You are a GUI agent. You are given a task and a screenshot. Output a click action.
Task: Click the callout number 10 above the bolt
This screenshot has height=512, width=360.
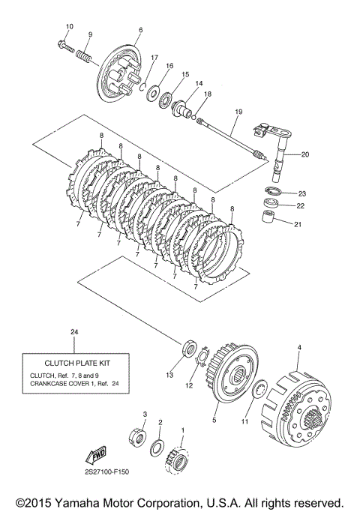coord(70,26)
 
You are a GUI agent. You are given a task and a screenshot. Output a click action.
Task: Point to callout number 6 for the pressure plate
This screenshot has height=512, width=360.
coord(140,30)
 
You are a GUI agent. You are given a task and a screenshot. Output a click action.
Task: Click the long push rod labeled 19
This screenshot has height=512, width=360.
coord(232,139)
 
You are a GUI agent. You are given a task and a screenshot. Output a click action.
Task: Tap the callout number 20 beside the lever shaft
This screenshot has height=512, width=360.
coord(304,154)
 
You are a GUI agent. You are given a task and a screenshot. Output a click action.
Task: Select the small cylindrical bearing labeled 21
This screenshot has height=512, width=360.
coord(268,216)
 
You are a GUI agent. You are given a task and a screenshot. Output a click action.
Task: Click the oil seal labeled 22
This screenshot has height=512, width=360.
coord(270,202)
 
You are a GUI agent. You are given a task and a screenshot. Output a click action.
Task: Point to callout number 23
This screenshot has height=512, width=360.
coord(301,193)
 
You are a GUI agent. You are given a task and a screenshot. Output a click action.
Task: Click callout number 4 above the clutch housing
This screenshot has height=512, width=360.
coord(299,347)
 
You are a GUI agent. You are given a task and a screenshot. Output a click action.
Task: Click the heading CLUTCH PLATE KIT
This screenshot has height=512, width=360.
coord(77,363)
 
